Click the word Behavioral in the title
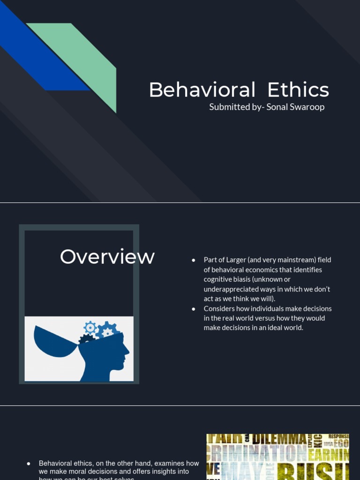click(202, 90)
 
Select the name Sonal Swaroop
click(295, 107)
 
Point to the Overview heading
click(107, 257)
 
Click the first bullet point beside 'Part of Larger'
click(194, 260)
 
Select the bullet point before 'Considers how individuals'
click(194, 309)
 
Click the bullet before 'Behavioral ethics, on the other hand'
click(29, 463)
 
